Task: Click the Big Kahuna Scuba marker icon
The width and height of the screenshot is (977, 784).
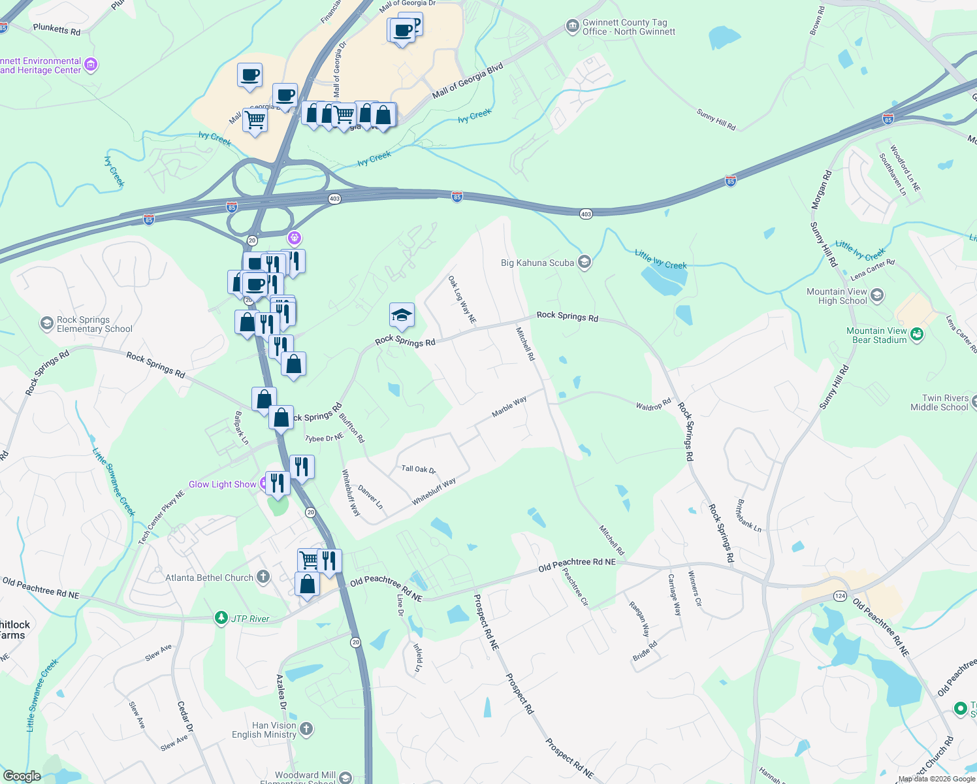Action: point(585,263)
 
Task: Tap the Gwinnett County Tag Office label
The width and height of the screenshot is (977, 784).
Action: point(628,27)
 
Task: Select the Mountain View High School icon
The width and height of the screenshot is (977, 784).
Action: point(877,295)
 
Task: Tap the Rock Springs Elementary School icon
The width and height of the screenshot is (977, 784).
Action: point(46,323)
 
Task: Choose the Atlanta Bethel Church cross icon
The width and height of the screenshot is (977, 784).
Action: point(263,576)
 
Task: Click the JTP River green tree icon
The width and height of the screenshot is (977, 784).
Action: point(221,617)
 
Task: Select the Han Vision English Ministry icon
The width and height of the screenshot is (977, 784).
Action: point(306,728)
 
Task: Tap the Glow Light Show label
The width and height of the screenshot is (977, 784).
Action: point(222,484)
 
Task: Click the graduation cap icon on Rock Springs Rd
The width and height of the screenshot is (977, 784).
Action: point(402,316)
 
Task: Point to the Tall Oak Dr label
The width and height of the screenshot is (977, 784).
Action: point(418,469)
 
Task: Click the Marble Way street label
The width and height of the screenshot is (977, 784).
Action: point(509,407)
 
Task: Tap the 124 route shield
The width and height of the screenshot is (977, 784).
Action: point(840,596)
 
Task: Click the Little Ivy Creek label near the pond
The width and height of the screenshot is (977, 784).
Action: point(660,259)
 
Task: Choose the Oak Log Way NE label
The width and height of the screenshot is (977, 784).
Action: point(462,300)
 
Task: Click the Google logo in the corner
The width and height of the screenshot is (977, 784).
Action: point(22,776)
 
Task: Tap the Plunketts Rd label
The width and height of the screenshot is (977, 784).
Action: point(57,30)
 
